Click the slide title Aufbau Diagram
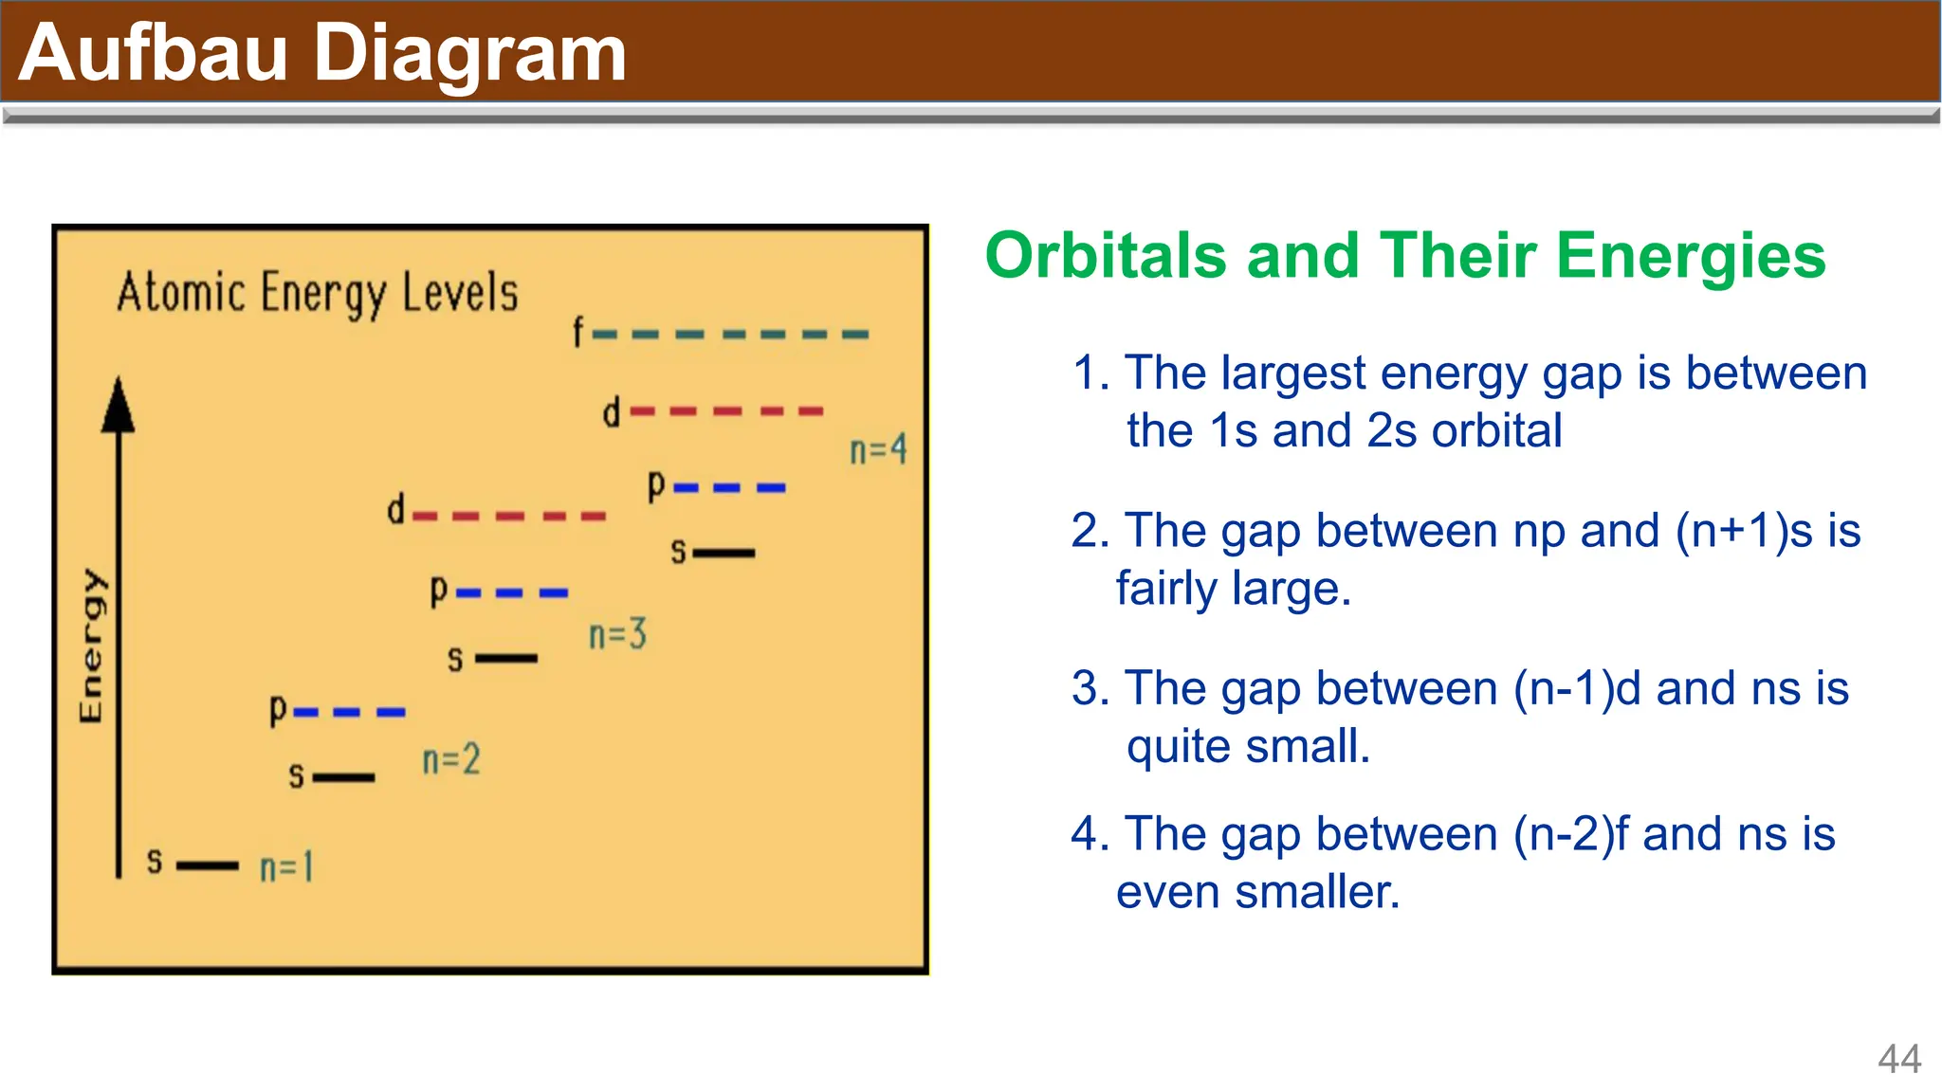[322, 52]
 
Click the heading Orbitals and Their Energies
[1405, 256]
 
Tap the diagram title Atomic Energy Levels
[318, 293]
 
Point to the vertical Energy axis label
[91, 646]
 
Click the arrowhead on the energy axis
[119, 406]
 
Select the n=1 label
[285, 866]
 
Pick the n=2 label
[451, 759]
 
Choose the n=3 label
[617, 634]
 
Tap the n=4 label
[878, 449]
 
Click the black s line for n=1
[208, 865]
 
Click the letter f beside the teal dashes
[578, 333]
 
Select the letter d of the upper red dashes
[612, 412]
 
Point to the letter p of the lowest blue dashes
[278, 709]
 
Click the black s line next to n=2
[344, 777]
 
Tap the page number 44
[1899, 1059]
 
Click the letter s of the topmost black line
[678, 552]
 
